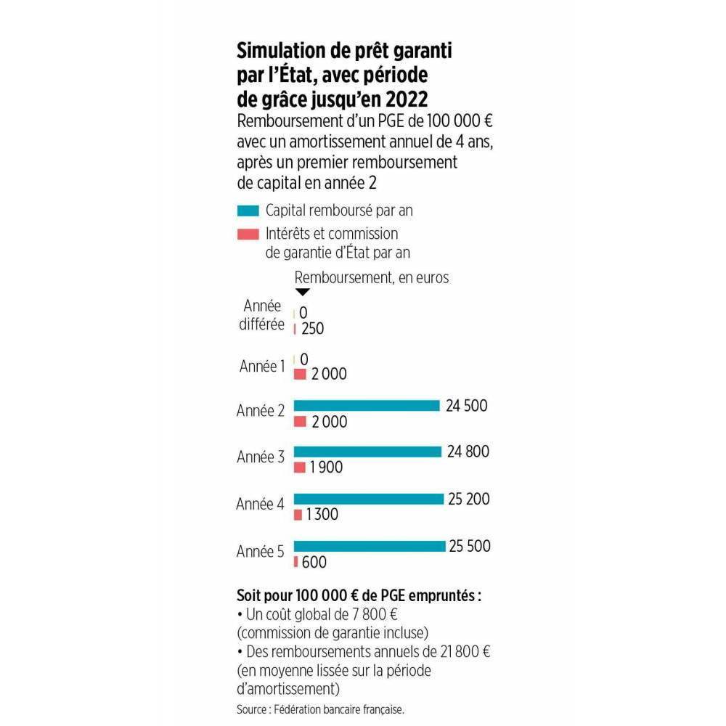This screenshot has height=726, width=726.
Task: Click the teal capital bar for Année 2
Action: point(367,406)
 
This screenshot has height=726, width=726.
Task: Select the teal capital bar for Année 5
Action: point(370,546)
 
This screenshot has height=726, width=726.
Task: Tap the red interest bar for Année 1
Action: point(300,374)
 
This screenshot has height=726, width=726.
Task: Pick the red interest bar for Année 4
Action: point(298,515)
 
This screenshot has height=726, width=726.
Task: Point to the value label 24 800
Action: point(468,452)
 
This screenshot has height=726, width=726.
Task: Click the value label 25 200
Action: point(468,499)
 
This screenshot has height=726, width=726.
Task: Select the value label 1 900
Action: point(327,467)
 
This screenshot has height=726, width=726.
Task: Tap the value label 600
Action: point(314,562)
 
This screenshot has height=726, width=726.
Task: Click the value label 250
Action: point(312,329)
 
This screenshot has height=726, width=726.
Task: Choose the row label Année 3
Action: point(261,457)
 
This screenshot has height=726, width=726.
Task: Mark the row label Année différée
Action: point(261,315)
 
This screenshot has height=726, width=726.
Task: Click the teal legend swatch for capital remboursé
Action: point(248,211)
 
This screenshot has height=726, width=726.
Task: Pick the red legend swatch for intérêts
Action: point(248,234)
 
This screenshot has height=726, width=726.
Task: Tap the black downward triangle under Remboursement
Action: point(302,292)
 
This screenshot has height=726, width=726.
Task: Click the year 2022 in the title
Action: point(407,99)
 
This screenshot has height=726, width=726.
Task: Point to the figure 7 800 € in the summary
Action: point(375,614)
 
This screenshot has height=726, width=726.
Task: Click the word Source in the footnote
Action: point(251,709)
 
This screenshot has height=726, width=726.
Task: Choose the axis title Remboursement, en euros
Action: point(372,277)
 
